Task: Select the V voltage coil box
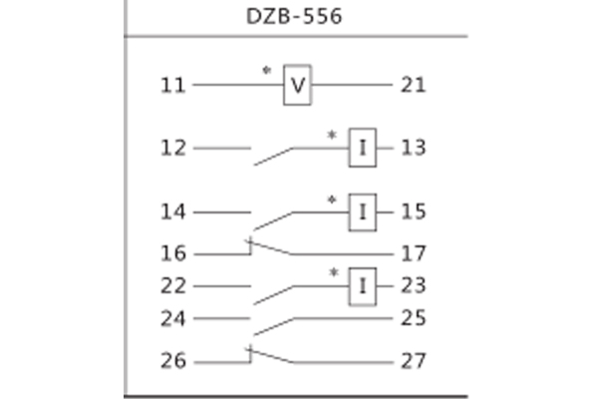coord(297,85)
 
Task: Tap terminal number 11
coord(173,85)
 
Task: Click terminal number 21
coord(412,85)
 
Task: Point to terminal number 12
coord(173,149)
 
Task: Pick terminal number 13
coord(413,149)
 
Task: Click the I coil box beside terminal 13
coord(363,149)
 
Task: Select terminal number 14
coord(173,211)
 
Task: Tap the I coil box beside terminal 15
coord(363,211)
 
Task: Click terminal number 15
coord(413,211)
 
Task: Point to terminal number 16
coord(173,253)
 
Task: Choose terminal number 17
coord(413,253)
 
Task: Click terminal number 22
coord(173,286)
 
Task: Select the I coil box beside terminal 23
coord(363,287)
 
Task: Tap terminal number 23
coord(413,286)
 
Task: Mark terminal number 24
coord(173,319)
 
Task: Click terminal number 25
coord(413,319)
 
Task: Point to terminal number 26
coord(173,361)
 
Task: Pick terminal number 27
coord(413,361)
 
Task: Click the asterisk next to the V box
coord(266,72)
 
